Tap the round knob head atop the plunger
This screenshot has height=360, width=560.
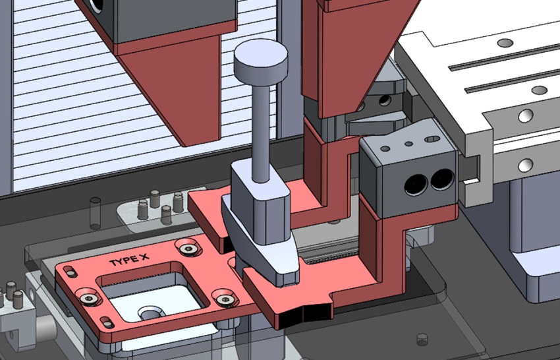[x=262, y=61]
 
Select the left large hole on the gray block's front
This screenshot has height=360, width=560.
[x=416, y=185]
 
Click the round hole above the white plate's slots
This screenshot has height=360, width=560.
[x=505, y=43]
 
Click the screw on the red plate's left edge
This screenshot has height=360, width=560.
[x=88, y=299]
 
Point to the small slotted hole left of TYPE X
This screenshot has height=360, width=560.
[x=68, y=269]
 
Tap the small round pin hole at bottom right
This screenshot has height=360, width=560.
[x=422, y=340]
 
